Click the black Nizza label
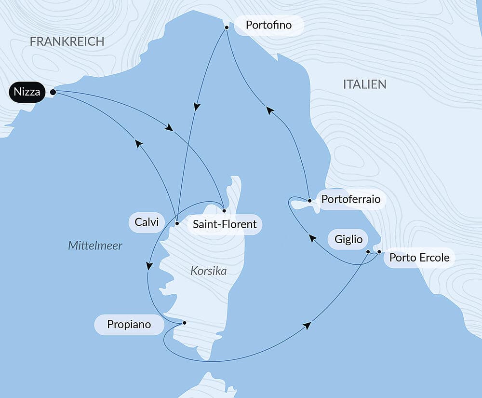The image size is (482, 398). (27, 92)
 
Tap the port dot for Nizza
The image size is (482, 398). (53, 92)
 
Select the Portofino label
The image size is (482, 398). (268, 25)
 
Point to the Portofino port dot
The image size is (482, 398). (226, 28)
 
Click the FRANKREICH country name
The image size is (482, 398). (67, 41)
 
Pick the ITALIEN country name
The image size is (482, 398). (364, 84)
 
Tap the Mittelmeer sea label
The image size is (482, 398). (95, 246)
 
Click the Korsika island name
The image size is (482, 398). (208, 271)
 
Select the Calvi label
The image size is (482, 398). (147, 222)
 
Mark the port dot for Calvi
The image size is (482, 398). (177, 223)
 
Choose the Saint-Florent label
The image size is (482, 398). (225, 224)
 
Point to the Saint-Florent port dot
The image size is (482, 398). (224, 211)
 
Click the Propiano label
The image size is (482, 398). (129, 325)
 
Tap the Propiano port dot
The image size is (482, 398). (184, 322)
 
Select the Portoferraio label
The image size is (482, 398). (350, 199)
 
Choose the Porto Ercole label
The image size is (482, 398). (419, 258)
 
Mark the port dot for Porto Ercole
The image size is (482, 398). (379, 252)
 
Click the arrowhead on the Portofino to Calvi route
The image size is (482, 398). (197, 106)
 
